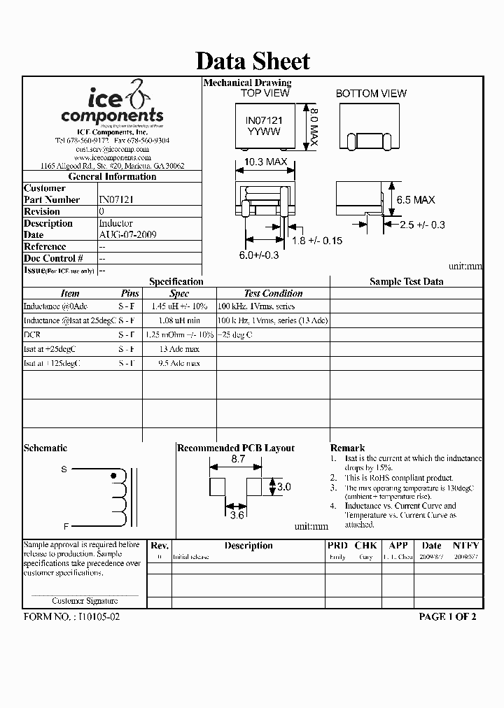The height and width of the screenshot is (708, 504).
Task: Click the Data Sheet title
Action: pyautogui.click(x=252, y=61)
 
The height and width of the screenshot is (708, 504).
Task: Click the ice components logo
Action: pyautogui.click(x=112, y=105)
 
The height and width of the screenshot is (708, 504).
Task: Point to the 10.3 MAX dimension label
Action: pyautogui.click(x=265, y=162)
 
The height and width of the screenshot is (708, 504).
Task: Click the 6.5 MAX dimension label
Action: pyautogui.click(x=416, y=200)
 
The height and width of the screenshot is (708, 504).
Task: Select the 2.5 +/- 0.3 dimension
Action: pyautogui.click(x=422, y=225)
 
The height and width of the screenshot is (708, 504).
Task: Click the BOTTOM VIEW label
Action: pyautogui.click(x=371, y=93)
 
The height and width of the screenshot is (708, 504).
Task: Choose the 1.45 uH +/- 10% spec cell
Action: pyautogui.click(x=179, y=306)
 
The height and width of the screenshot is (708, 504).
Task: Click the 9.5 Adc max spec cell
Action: pyautogui.click(x=179, y=364)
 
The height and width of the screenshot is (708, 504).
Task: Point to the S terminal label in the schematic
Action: pyautogui.click(x=64, y=469)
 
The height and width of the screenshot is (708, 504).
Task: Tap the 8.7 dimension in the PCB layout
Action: pyautogui.click(x=238, y=460)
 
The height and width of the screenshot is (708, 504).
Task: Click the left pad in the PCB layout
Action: pyautogui.click(x=218, y=486)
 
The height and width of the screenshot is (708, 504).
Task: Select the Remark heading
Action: pyautogui.click(x=347, y=448)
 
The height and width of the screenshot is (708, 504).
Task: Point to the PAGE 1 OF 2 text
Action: pyautogui.click(x=447, y=617)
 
